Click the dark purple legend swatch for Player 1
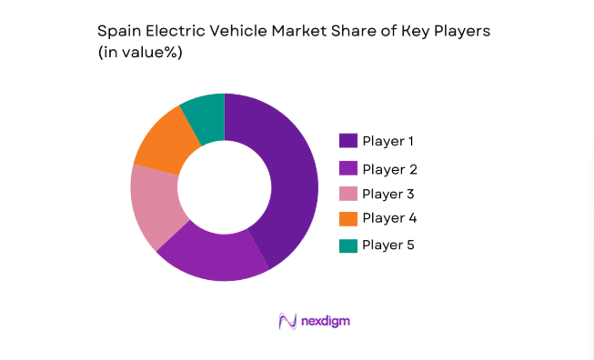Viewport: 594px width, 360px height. [347, 141]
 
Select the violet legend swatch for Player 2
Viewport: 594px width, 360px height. [347, 168]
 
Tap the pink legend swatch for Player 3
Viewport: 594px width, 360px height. [347, 194]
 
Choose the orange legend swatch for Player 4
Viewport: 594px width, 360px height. [347, 218]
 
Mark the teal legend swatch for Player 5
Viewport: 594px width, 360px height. [347, 245]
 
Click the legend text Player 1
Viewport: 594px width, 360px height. [388, 141]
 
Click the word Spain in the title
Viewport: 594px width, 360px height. [117, 31]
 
